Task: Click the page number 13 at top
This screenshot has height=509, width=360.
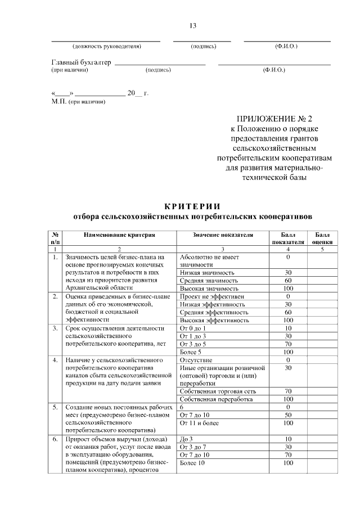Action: [193, 26]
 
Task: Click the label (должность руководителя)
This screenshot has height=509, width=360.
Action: [106, 46]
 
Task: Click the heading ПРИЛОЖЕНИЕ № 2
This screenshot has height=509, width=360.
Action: [273, 119]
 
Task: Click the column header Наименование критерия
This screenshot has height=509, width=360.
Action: [119, 235]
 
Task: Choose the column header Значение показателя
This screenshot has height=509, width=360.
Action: [223, 235]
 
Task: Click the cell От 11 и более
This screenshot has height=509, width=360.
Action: [199, 423]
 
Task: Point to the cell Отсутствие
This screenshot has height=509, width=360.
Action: [196, 359]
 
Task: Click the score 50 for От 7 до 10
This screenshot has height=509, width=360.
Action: [287, 415]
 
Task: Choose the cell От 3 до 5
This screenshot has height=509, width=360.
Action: [193, 343]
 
